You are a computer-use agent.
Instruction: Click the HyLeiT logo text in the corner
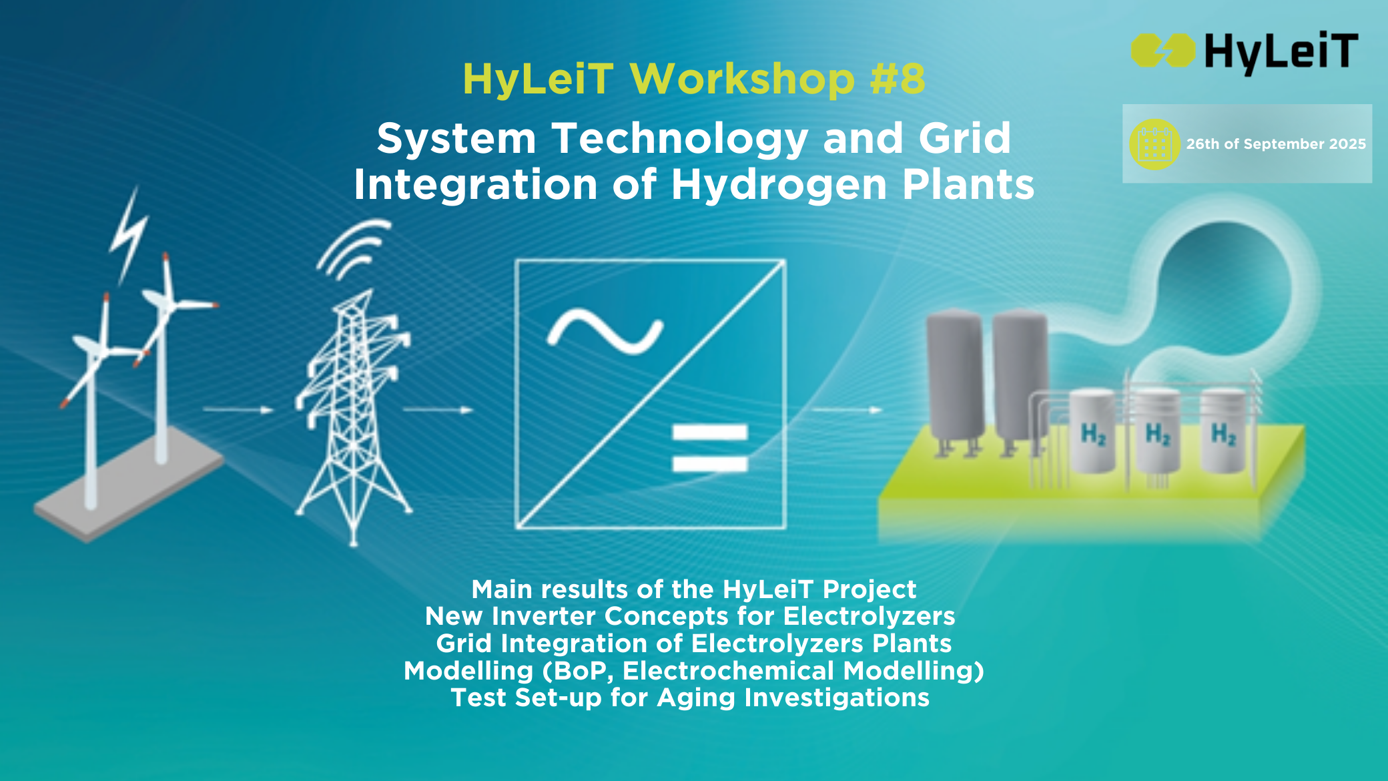1281,52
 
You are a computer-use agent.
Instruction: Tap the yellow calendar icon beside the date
1155,144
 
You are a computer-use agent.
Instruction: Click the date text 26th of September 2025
1276,144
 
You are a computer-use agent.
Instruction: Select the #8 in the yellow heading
898,79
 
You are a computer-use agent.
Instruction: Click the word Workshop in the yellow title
742,79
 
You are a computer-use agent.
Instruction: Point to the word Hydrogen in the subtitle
779,185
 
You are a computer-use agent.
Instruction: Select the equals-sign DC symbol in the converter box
710,448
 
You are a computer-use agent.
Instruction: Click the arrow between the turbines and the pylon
238,409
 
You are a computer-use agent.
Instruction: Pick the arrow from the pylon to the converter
438,409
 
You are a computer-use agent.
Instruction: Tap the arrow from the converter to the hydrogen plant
847,409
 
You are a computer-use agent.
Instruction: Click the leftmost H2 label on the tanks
1094,435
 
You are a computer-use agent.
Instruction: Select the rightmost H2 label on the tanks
1224,434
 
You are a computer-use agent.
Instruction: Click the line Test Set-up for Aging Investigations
691,698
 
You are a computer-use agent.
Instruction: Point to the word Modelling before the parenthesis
468,670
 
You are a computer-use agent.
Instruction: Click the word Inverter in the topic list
543,616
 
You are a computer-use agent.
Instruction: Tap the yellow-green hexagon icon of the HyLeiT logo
1163,51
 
